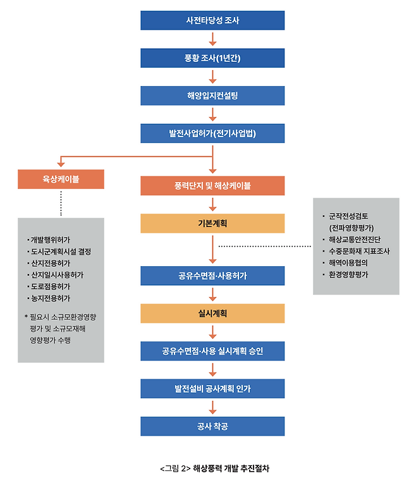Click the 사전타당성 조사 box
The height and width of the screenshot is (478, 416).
tap(212, 20)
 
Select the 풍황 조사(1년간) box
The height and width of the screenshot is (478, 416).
tap(212, 58)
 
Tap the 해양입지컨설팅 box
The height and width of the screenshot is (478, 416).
tap(212, 96)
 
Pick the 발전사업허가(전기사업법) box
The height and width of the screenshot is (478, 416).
tap(212, 133)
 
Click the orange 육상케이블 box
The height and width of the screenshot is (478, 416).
tap(61, 180)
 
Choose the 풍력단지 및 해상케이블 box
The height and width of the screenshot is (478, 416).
tap(212, 186)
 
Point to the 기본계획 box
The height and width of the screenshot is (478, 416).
tap(212, 223)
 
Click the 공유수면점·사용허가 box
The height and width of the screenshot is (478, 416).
tap(212, 276)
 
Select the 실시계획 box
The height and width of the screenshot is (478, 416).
tap(212, 313)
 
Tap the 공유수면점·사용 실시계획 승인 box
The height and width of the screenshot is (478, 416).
tap(212, 351)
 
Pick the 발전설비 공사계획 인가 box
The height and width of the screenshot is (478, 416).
tap(212, 388)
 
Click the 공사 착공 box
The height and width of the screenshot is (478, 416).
tap(212, 426)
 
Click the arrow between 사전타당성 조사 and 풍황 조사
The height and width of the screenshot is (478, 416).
tap(212, 39)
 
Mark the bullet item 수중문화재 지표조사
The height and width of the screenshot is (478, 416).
tap(358, 251)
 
